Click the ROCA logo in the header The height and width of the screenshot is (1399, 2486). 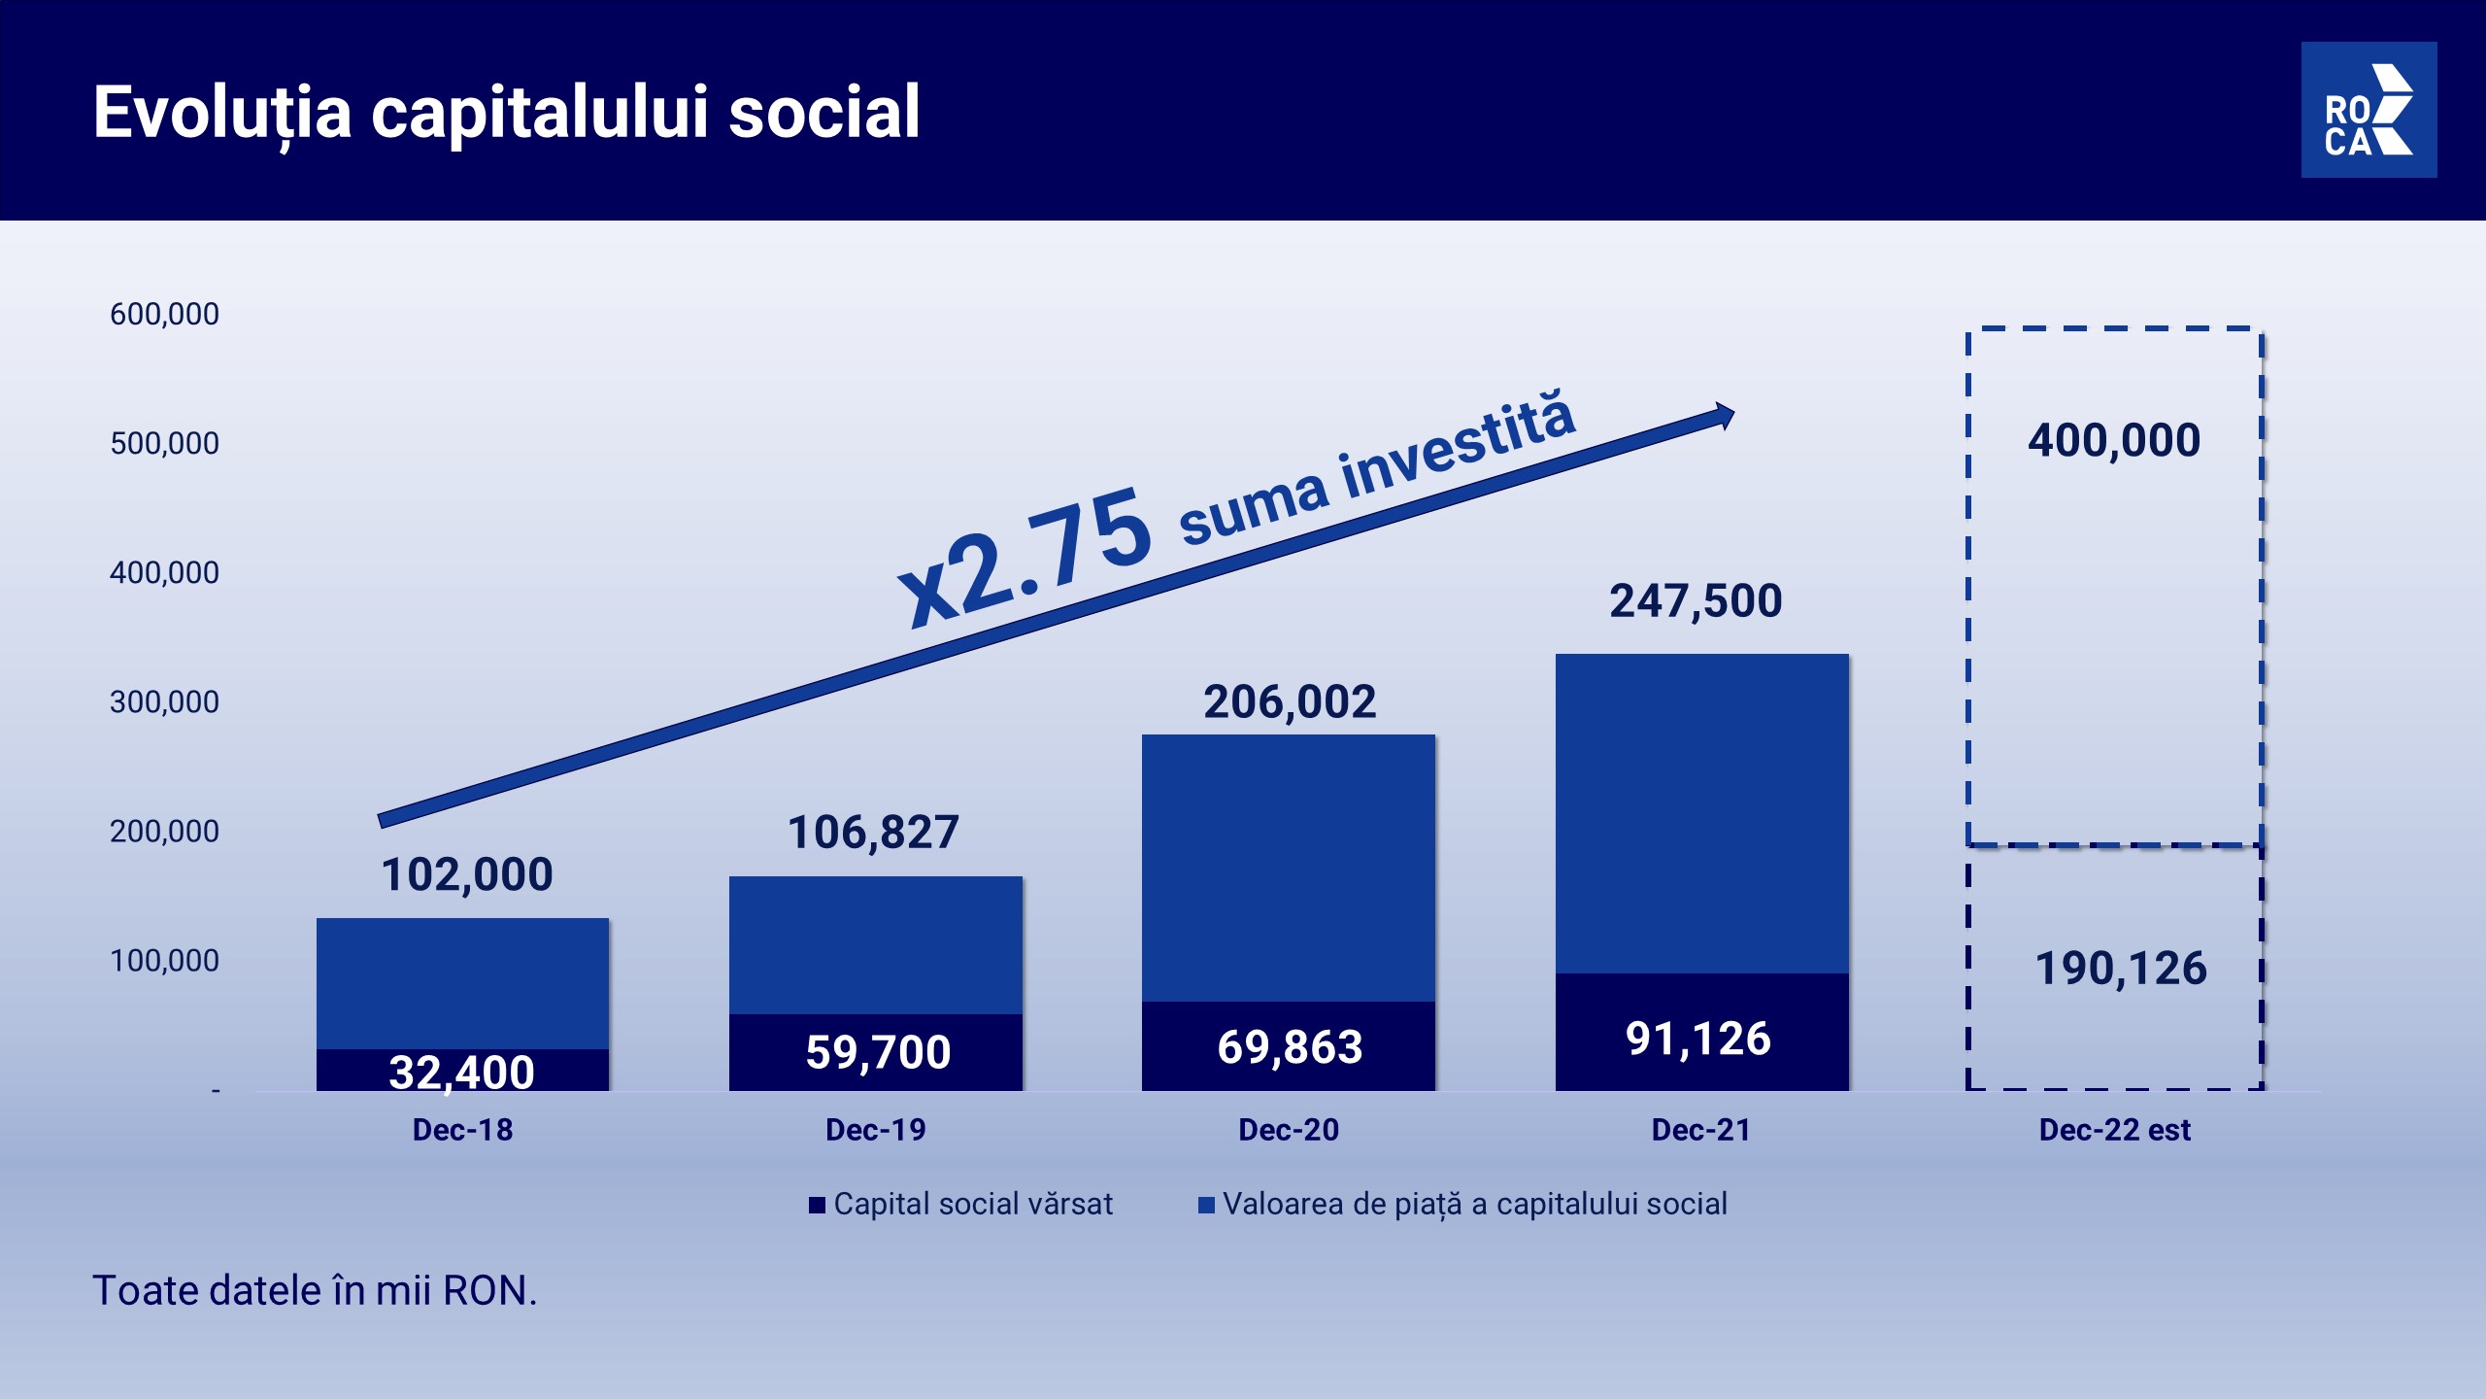coord(2368,110)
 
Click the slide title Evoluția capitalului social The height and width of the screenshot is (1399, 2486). coord(506,113)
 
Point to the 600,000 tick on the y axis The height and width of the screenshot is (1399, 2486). coord(164,314)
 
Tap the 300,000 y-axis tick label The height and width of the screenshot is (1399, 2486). coord(164,701)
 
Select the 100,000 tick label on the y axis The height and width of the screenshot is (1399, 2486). coord(164,960)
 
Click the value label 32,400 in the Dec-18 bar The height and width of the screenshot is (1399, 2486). coord(462,1073)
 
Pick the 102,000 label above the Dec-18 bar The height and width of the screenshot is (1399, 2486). coord(467,874)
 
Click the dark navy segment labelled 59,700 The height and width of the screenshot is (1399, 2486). coord(876,1052)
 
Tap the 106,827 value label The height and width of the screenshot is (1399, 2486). coord(873,833)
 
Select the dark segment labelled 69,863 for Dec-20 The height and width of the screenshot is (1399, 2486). coord(1289,1046)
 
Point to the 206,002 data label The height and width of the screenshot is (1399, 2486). coord(1290,701)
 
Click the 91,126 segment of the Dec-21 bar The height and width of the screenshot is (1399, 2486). coord(1702,1032)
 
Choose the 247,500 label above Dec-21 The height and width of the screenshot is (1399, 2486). coord(1696,600)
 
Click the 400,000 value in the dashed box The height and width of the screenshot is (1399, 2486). coord(2114,440)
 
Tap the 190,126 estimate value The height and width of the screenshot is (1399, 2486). coord(2121,969)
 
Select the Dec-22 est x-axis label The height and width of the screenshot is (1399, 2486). coord(2115,1130)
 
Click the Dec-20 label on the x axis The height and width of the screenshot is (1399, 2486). coord(1289,1130)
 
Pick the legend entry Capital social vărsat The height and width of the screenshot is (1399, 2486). coord(960,1205)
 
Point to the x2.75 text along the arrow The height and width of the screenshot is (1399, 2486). coord(1025,556)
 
